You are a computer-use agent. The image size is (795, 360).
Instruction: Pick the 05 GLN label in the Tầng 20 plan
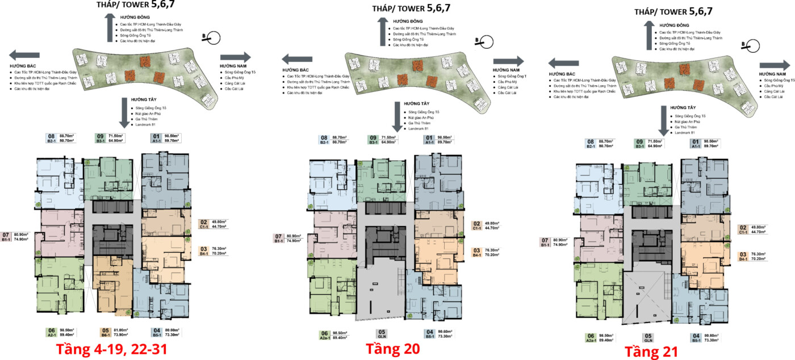point(382,334)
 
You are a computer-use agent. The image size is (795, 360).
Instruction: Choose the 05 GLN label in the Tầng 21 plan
point(648,337)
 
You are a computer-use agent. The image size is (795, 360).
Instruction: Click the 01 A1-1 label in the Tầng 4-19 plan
point(156,139)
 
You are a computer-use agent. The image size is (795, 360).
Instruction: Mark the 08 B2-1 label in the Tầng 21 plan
point(591,144)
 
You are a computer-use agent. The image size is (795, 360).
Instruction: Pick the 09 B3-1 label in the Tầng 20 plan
point(374,140)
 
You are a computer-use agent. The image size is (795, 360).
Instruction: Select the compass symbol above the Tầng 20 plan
point(487,41)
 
